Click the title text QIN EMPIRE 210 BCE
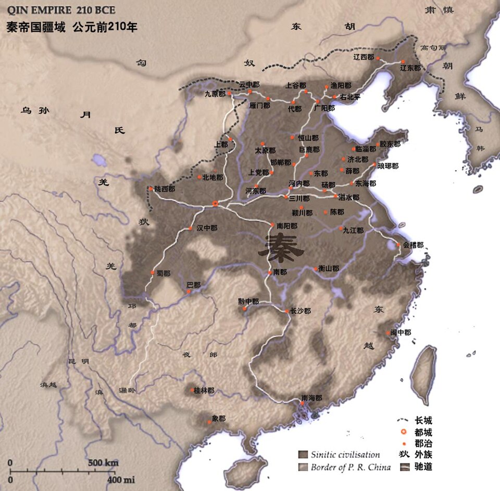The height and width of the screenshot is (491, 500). (61, 10)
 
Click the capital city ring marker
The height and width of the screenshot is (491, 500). (215, 204)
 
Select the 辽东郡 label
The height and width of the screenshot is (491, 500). (410, 68)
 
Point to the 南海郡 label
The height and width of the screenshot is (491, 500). (311, 398)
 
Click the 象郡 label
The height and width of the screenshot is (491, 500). (219, 418)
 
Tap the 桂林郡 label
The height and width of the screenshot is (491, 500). (204, 391)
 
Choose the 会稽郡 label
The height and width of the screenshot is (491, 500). (413, 245)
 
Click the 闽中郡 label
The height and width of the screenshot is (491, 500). (401, 332)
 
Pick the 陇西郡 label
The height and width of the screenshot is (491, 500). (165, 189)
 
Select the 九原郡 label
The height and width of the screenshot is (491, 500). (215, 94)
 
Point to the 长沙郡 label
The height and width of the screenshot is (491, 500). (300, 311)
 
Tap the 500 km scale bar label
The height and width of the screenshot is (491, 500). (103, 463)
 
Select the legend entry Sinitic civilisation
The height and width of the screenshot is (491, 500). (345, 455)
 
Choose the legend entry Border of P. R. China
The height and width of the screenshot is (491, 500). (351, 467)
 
